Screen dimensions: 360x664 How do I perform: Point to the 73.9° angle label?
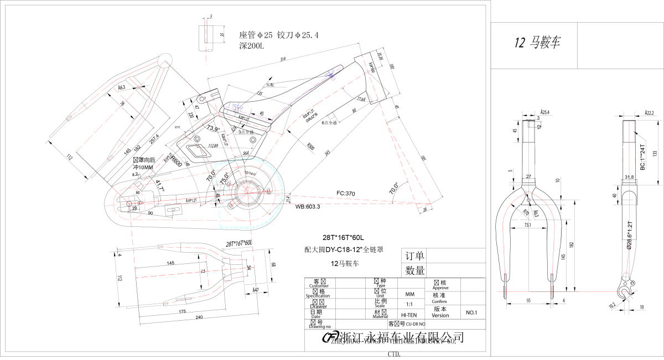pyautogui.click(x=213, y=128)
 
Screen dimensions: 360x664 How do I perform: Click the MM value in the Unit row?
pyautogui.click(x=410, y=294)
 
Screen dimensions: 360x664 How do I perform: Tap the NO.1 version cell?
pyautogui.click(x=471, y=312)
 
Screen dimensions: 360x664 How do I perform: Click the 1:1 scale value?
pyautogui.click(x=410, y=305)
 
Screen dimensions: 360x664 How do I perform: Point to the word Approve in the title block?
pyautogui.click(x=440, y=288)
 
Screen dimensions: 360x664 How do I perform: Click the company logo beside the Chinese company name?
pyautogui.click(x=330, y=338)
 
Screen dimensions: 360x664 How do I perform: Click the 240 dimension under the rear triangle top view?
pyautogui.click(x=199, y=318)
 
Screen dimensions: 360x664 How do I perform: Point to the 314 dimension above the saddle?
pyautogui.click(x=283, y=59)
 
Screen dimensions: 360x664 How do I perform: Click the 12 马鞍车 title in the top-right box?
pyautogui.click(x=537, y=43)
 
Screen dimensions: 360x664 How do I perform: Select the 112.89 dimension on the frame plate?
pyautogui.click(x=212, y=146)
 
